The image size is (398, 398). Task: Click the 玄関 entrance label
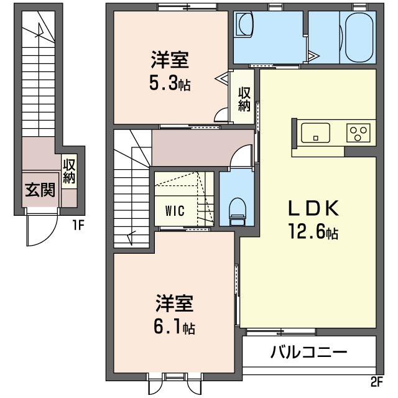click(40, 190)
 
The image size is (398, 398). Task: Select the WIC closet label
click(175, 210)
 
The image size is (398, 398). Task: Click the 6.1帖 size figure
click(175, 328)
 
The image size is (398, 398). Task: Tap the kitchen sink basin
click(315, 132)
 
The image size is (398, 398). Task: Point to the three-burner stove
click(359, 132)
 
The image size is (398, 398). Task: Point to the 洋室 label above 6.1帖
click(175, 305)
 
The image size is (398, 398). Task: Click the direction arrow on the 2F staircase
click(131, 237)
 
